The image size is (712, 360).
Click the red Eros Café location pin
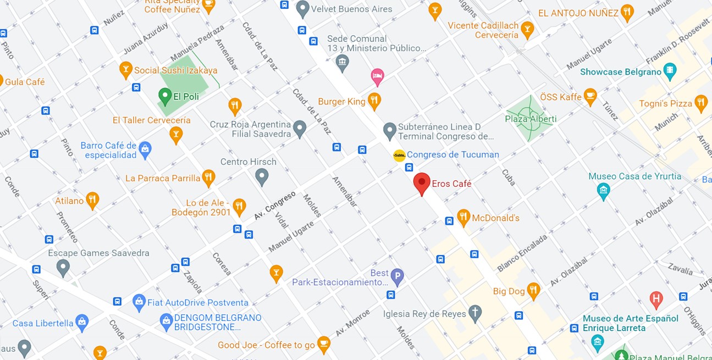pos(422,183)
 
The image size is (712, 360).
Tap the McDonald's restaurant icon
pos(463,217)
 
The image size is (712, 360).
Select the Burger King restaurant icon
pos(374,101)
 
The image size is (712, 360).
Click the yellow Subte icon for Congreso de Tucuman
pos(399,156)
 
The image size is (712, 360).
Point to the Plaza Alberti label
pos(531,119)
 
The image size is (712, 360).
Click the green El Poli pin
pos(164,96)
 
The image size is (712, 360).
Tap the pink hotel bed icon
pos(377,76)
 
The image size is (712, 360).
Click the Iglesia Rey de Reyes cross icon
pos(474,313)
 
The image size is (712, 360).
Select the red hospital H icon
pos(655,300)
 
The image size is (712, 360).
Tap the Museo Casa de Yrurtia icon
pos(604,190)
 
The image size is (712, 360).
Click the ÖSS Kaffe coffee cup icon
pos(590,96)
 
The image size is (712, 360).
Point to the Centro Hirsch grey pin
pos(262,176)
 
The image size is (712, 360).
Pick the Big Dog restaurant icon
pos(533,290)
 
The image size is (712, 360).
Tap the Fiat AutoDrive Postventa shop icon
pos(139,302)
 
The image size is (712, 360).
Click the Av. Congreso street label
pos(275,206)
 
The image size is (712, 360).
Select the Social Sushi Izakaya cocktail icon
pos(126,69)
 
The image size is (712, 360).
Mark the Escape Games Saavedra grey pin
pos(63,268)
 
